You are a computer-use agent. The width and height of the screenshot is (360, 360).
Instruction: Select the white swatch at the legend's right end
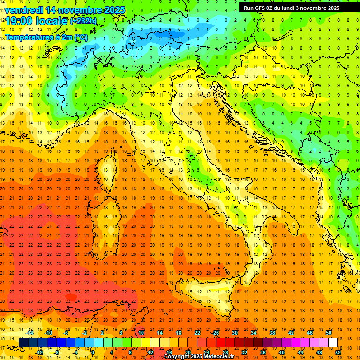333,342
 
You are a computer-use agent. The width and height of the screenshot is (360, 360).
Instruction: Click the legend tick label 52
338,352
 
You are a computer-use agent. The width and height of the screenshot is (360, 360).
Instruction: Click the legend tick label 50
328,333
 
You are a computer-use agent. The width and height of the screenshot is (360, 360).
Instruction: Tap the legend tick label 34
254,333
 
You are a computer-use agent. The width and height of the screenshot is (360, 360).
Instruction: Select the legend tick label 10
141,333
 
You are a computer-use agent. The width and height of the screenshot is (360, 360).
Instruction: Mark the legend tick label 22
197,333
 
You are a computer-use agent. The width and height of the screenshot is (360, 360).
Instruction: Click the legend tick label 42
291,333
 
